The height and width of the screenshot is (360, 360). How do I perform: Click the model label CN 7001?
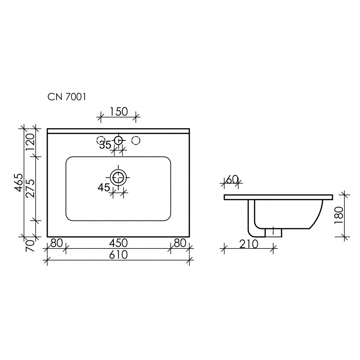pyautogui.click(x=67, y=97)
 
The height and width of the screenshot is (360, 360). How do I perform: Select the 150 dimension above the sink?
pyautogui.click(x=118, y=112)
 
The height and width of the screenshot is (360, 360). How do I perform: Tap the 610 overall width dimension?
pyautogui.click(x=118, y=255)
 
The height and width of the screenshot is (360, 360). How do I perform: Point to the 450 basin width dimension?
pyautogui.click(x=118, y=243)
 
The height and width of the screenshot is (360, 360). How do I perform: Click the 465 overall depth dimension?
pyautogui.click(x=18, y=183)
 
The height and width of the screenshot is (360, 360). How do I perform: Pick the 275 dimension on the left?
pyautogui.click(x=30, y=188)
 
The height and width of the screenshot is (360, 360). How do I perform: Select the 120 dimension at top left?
pyautogui.click(x=30, y=142)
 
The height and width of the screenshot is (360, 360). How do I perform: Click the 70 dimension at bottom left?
pyautogui.click(x=30, y=246)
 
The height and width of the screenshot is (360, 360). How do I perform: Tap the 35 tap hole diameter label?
pyautogui.click(x=105, y=145)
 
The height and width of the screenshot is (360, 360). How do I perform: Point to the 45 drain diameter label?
pyautogui.click(x=104, y=188)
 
